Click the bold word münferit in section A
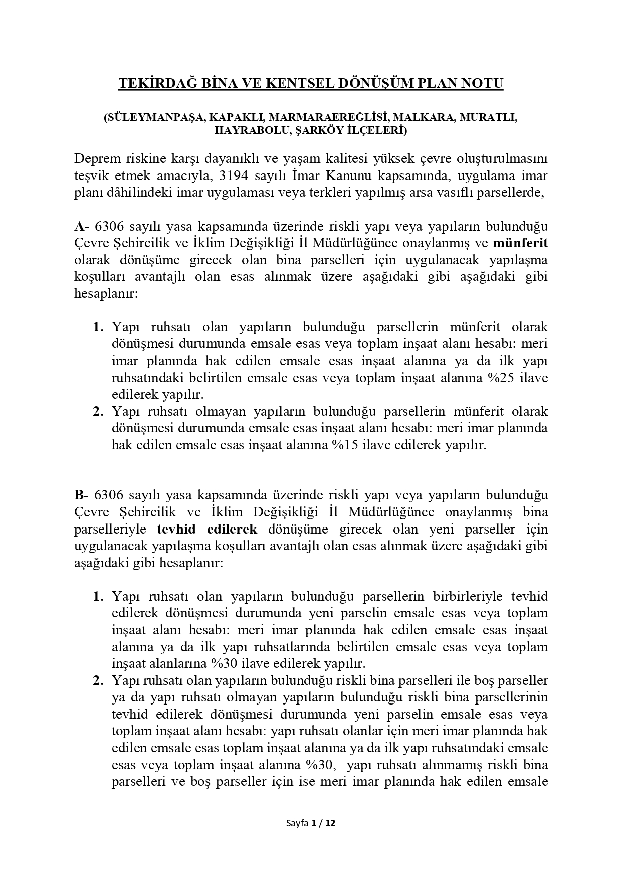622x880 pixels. [x=520, y=243]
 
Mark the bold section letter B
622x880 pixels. [x=79, y=495]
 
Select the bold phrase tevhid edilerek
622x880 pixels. [x=207, y=529]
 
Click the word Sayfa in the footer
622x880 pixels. [x=297, y=823]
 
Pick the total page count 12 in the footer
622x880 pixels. [x=330, y=823]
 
